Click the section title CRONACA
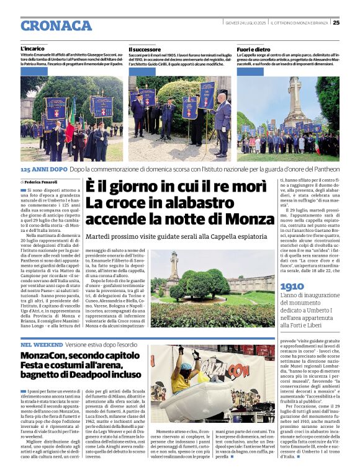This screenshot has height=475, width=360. click(x=56, y=25)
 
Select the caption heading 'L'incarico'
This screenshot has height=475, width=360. click(x=32, y=48)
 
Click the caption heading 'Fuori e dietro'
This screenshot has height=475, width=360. click(x=253, y=48)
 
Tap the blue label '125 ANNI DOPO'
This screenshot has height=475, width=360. click(x=43, y=169)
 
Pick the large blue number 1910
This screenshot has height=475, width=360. click(x=292, y=286)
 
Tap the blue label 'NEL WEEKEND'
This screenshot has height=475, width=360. click(x=41, y=344)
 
